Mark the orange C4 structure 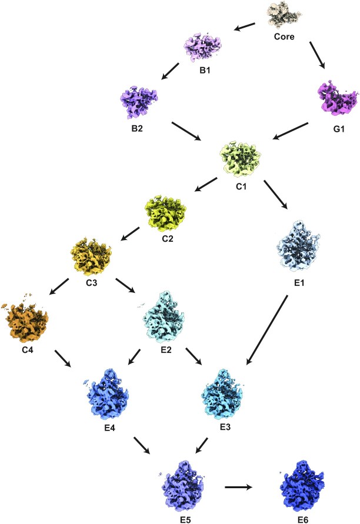pyautogui.click(x=26, y=320)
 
